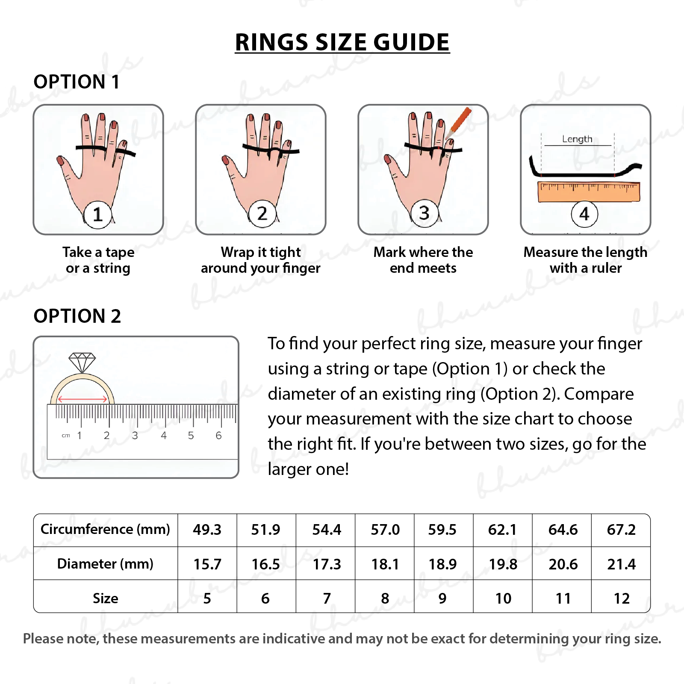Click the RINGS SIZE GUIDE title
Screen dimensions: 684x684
[342, 42]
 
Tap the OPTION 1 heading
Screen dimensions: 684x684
[77, 82]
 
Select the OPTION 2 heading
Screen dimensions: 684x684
[77, 316]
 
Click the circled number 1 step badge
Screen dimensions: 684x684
[97, 214]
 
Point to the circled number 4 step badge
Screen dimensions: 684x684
[584, 214]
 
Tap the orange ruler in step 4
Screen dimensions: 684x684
[589, 191]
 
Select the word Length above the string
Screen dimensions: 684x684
[577, 139]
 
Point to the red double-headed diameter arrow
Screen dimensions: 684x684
[83, 399]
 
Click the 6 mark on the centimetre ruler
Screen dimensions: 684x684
[218, 435]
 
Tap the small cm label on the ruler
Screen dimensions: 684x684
[66, 436]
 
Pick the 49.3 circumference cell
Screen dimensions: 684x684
[207, 530]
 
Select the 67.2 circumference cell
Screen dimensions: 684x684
[621, 530]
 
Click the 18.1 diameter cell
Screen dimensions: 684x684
[385, 564]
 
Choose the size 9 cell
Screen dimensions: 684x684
[443, 598]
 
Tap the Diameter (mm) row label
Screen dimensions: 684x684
[105, 564]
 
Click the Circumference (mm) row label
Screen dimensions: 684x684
[105, 529]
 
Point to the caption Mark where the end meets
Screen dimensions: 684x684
[423, 260]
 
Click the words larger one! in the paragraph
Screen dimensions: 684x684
[308, 469]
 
